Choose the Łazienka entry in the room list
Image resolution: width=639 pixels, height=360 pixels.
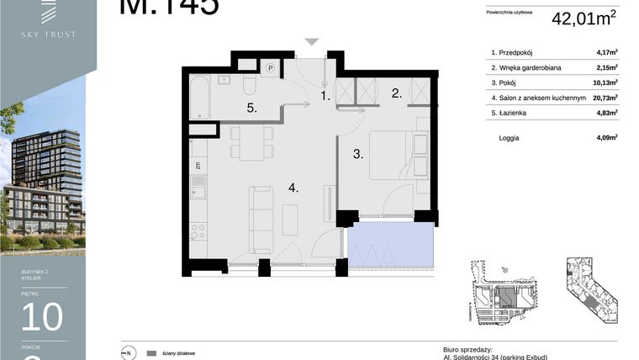[517, 113]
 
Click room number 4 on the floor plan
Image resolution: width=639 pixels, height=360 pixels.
[293, 188]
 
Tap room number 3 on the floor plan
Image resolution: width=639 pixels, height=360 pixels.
[356, 154]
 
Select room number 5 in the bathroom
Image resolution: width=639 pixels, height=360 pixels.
[251, 109]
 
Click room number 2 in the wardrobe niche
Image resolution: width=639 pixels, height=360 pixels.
[397, 94]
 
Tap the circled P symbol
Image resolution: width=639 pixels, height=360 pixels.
[272, 67]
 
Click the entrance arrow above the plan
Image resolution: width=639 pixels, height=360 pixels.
[312, 41]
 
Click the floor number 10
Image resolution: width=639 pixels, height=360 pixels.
[42, 317]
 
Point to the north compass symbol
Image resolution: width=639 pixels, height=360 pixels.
[129, 353]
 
